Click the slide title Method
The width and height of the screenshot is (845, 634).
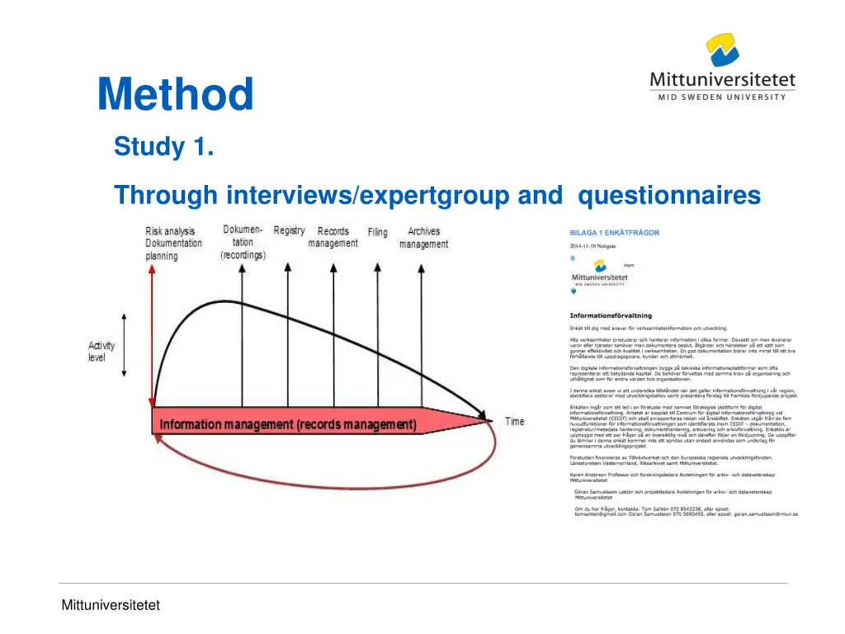click(175, 95)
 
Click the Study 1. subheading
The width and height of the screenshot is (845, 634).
click(164, 147)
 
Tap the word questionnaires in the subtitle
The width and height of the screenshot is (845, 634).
click(669, 196)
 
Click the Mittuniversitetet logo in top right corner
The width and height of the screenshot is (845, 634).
click(722, 67)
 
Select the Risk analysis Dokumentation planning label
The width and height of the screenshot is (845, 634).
click(173, 244)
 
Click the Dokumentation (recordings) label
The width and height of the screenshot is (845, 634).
click(243, 243)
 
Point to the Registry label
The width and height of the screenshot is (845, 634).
click(289, 231)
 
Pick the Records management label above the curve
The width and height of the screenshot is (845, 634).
click(333, 237)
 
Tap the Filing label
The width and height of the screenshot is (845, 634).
click(377, 233)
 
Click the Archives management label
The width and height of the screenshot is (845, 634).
click(423, 238)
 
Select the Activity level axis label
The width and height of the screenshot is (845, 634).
click(101, 352)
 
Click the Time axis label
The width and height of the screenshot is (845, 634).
click(514, 422)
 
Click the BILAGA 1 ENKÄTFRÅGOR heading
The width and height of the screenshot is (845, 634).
click(614, 233)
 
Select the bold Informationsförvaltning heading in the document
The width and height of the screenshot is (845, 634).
click(610, 315)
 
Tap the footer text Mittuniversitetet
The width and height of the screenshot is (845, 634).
click(110, 605)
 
